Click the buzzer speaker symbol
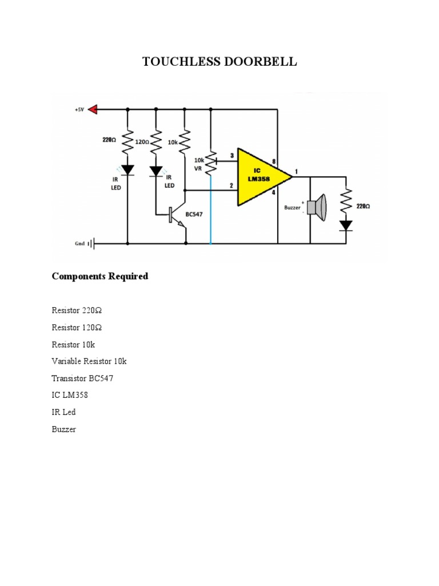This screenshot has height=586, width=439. click(x=316, y=207)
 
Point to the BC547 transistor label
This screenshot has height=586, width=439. click(x=194, y=214)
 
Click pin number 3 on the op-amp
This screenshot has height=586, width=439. click(x=232, y=155)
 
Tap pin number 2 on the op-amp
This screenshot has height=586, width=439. click(x=232, y=185)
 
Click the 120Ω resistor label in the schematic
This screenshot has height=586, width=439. click(x=142, y=141)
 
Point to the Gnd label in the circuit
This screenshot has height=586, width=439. click(x=79, y=243)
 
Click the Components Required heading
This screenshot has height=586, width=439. click(x=100, y=276)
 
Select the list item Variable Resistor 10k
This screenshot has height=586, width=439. click(x=89, y=361)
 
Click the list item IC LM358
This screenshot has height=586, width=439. click(x=70, y=395)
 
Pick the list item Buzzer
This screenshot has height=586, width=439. click(x=63, y=429)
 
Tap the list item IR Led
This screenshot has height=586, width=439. click(x=63, y=412)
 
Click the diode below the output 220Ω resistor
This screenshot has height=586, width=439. click(x=346, y=225)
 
